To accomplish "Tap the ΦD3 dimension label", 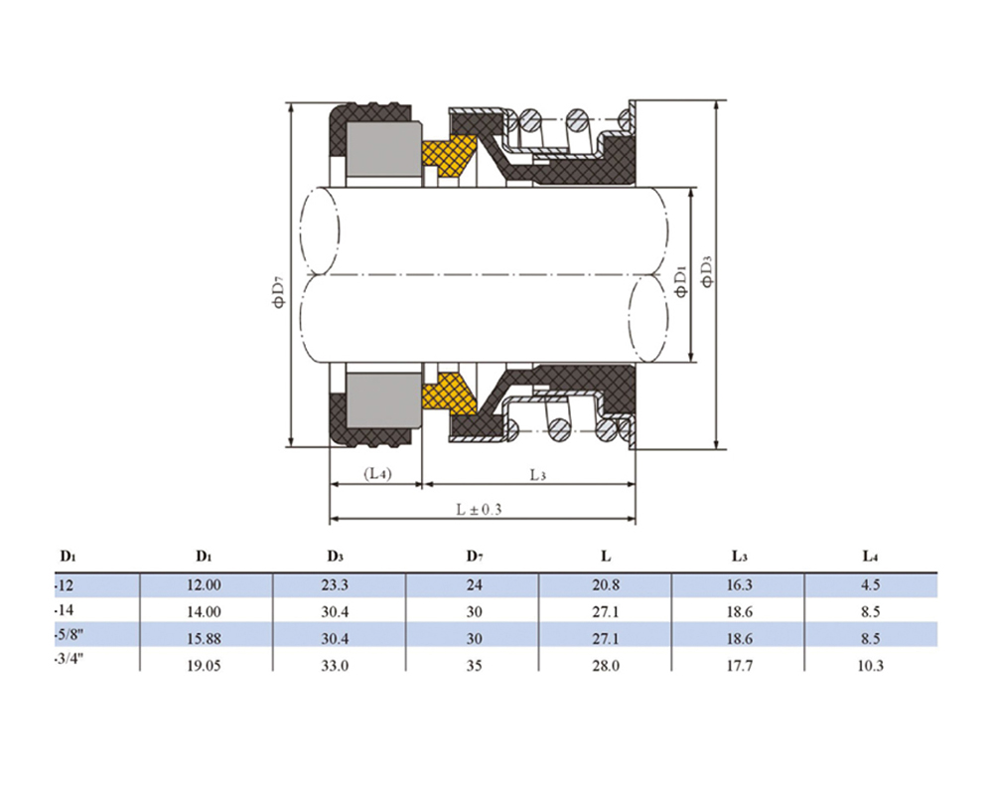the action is click(707, 270).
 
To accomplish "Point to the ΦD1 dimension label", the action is click(681, 281).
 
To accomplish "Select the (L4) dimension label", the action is click(377, 473).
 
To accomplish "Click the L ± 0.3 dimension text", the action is click(479, 509).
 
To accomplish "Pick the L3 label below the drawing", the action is click(537, 475).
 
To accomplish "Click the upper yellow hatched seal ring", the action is click(450, 156).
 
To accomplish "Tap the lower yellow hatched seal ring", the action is click(450, 394).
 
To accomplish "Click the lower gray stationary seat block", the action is click(383, 400).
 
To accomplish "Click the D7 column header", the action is click(475, 556).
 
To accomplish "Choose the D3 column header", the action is click(335, 556).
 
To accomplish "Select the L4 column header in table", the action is click(870, 556).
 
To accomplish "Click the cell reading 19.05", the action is click(204, 666).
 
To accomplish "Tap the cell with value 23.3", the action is click(335, 585).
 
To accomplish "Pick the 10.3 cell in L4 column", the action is click(870, 666).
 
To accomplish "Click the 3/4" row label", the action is click(70, 659).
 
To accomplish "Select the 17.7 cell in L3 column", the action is click(739, 666).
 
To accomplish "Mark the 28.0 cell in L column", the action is click(606, 666).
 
